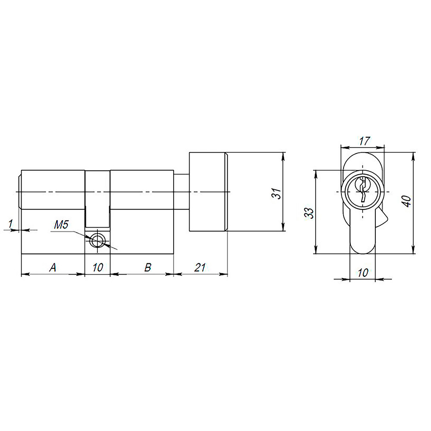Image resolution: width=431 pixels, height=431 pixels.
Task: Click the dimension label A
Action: [x=53, y=268]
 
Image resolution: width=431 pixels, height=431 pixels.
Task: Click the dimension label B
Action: [x=147, y=268]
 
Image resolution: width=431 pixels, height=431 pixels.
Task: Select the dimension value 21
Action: [x=199, y=268]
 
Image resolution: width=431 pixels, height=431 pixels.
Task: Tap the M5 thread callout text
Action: [x=62, y=225]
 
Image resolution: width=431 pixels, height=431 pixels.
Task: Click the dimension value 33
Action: [x=309, y=212]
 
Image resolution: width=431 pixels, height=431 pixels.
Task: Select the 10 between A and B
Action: [x=97, y=268]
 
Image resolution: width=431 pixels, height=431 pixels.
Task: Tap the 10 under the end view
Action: [x=363, y=273]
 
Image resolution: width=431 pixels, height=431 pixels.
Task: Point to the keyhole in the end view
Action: [x=363, y=189]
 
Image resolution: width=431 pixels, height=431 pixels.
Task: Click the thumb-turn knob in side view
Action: [x=208, y=192]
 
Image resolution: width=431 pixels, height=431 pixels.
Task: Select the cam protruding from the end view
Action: [x=383, y=219]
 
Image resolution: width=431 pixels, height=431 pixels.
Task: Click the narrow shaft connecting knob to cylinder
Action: [x=181, y=192]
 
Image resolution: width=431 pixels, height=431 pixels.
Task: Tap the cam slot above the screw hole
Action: [x=97, y=198]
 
